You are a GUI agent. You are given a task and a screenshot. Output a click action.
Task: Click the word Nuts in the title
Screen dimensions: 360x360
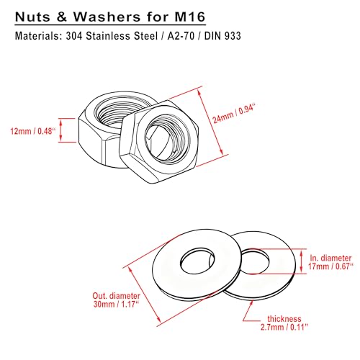[x=33, y=17]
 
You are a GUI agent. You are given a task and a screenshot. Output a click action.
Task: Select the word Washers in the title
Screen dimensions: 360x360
[x=107, y=17]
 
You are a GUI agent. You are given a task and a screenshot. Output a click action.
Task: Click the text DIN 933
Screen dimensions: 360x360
[x=222, y=36]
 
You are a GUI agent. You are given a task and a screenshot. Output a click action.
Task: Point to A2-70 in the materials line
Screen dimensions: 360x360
[x=181, y=36]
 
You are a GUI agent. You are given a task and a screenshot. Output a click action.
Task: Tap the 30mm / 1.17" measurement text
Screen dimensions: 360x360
[x=116, y=304]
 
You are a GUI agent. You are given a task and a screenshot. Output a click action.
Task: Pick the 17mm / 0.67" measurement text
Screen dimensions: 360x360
[x=330, y=266]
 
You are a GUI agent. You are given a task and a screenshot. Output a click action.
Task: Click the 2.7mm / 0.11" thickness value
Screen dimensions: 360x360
[x=284, y=327]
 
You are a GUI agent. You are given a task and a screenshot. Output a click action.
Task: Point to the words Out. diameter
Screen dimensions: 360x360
[x=117, y=296]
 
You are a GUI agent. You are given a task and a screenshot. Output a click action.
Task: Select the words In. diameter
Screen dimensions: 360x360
[x=330, y=258]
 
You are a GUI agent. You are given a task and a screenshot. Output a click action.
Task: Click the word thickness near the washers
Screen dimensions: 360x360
[x=284, y=319]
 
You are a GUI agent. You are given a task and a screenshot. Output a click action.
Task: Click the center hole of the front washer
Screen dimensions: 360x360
[x=197, y=261]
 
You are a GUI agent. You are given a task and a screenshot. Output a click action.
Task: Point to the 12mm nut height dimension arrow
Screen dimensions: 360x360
[x=60, y=130]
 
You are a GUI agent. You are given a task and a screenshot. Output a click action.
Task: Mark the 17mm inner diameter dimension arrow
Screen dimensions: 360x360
[x=302, y=261]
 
